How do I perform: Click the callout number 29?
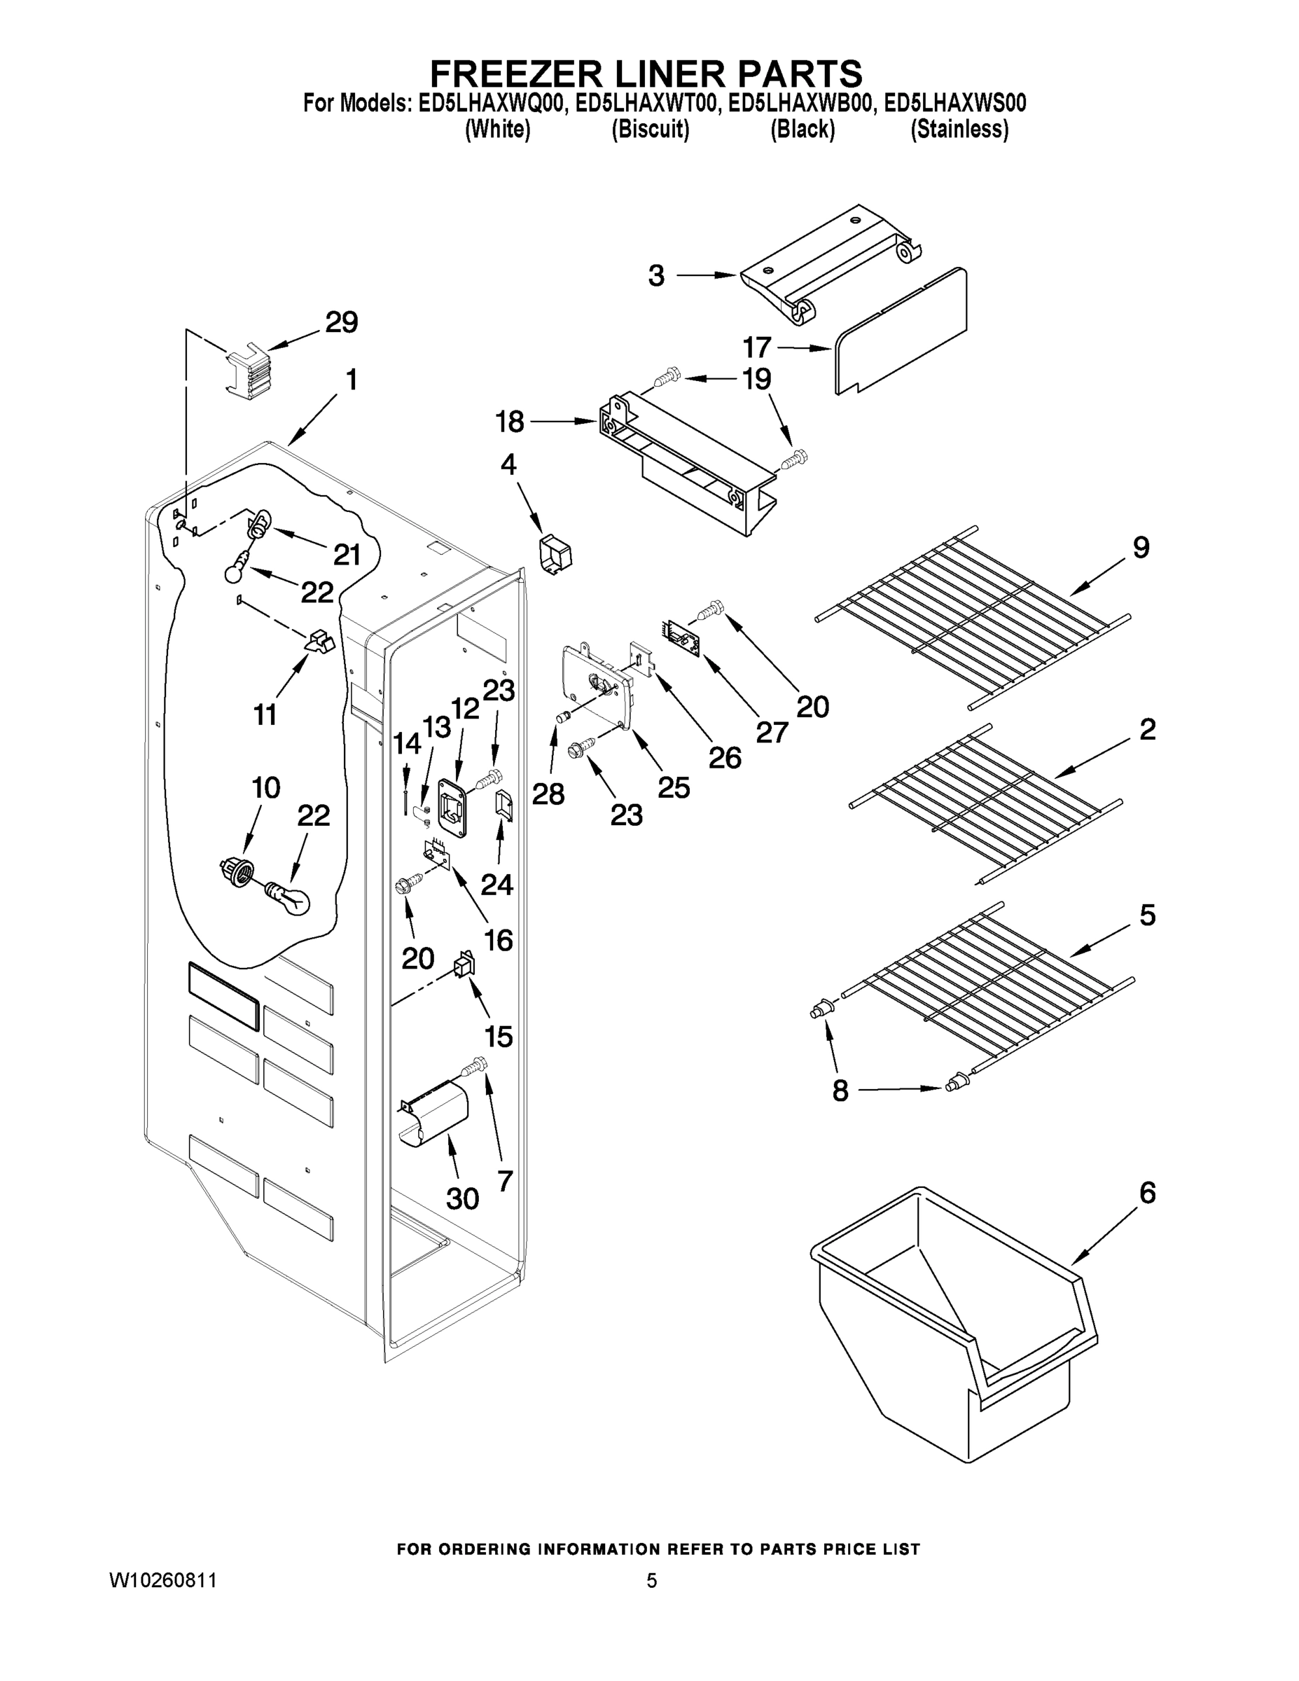(x=341, y=322)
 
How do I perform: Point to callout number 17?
(x=756, y=348)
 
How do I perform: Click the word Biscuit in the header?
(x=651, y=130)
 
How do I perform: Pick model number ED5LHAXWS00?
(x=955, y=103)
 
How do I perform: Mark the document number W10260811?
(x=163, y=1581)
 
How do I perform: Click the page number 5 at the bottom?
(x=651, y=1581)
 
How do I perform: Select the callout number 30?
(x=462, y=1198)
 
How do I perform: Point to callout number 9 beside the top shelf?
(x=1141, y=548)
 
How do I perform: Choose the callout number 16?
(x=499, y=940)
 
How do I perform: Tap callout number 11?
(x=265, y=715)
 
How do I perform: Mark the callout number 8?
(x=840, y=1090)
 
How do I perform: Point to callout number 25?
(x=674, y=787)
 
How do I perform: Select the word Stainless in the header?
(x=959, y=130)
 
